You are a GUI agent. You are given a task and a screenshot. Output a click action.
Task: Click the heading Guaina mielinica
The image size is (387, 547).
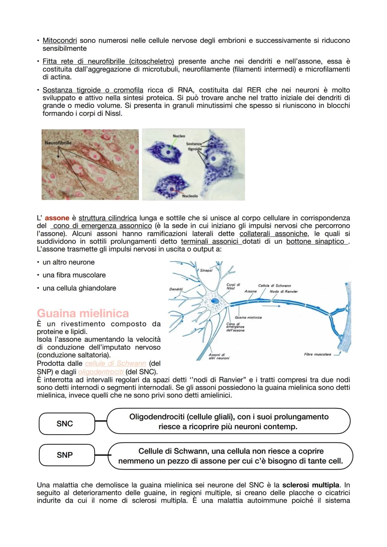(x=83, y=313)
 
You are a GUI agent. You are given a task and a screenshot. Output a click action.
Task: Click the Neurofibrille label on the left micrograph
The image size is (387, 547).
(x=58, y=143)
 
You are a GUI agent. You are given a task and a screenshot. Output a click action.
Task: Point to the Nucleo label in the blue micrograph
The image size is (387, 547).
(x=179, y=136)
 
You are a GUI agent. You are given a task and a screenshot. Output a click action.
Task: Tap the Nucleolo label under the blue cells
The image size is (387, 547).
(x=190, y=196)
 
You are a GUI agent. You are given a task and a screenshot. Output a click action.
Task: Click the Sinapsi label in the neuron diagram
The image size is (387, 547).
(x=206, y=270)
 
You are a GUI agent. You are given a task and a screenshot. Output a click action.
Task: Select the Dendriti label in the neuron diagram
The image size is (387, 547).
(x=176, y=289)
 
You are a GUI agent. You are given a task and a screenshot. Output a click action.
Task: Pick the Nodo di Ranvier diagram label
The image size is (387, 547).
(x=283, y=292)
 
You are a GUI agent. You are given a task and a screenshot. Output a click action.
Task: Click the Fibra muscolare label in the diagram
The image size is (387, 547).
(x=317, y=355)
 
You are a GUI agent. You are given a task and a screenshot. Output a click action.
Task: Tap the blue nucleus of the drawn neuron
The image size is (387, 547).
(x=215, y=301)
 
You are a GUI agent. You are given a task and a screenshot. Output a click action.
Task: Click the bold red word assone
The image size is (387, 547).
(x=57, y=218)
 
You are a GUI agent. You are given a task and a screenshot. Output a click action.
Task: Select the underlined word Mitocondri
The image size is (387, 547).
(x=60, y=40)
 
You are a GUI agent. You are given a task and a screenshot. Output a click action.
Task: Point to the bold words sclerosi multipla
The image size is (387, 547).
(x=311, y=485)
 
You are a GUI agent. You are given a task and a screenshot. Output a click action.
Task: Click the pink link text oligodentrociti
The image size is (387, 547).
(x=101, y=372)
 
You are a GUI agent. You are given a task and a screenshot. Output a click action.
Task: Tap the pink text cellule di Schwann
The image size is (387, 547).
(x=115, y=364)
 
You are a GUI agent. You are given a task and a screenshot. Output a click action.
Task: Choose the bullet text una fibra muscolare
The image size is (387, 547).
(x=74, y=275)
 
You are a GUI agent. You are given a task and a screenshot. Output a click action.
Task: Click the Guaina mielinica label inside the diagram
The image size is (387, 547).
(x=248, y=317)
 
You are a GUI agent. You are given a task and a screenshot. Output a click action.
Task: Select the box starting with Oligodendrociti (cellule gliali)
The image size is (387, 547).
(x=229, y=422)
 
